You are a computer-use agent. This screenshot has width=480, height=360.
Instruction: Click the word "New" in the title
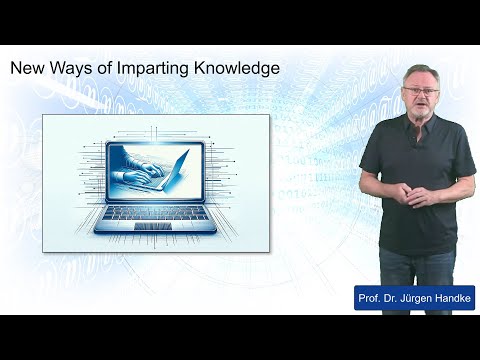pyautogui.click(x=28, y=69)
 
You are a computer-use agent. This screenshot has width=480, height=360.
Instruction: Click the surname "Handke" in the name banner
pyautogui.click(x=447, y=297)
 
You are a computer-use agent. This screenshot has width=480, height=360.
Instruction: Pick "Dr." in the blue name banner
pyautogui.click(x=391, y=297)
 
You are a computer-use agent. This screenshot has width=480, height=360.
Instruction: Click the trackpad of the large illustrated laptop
pyautogui.click(x=156, y=226)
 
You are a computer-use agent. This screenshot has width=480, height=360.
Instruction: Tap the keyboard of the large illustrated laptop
pyautogui.click(x=156, y=212)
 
